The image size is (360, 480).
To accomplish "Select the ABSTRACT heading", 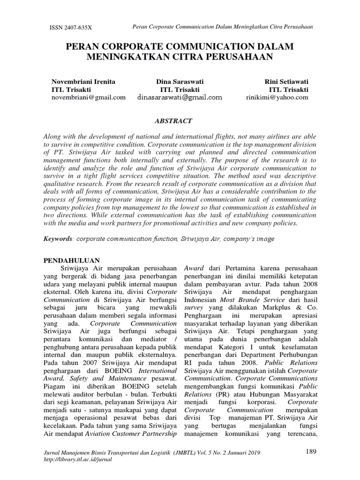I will (176, 121).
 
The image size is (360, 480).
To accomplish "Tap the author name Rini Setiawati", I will (286, 81).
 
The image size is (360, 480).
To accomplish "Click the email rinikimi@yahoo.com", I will (277, 97).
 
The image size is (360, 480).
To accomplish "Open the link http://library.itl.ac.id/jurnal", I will (75, 459).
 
